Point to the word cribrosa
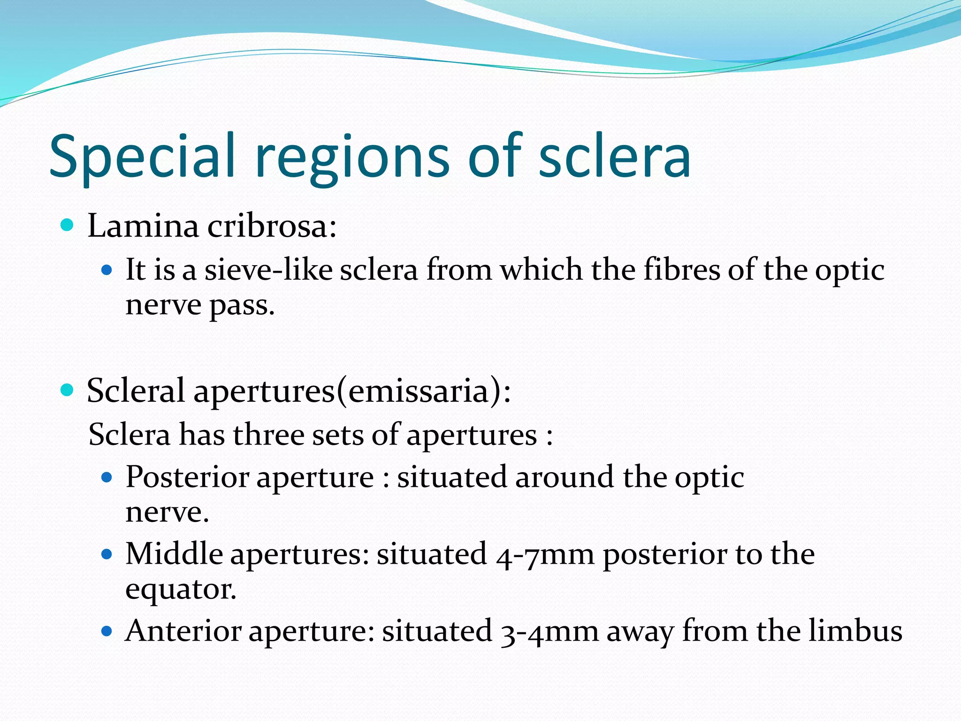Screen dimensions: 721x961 pyautogui.click(x=272, y=226)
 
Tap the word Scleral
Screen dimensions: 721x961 pyautogui.click(x=136, y=391)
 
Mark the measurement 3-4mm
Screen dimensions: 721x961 pyautogui.click(x=549, y=631)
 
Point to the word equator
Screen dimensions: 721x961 pyautogui.click(x=181, y=590)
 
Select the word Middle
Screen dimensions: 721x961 pyautogui.click(x=174, y=554)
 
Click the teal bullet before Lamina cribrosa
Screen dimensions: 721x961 pyautogui.click(x=68, y=225)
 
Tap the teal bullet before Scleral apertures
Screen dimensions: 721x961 pyautogui.click(x=68, y=390)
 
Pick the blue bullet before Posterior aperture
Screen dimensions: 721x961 pyautogui.click(x=107, y=478)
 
